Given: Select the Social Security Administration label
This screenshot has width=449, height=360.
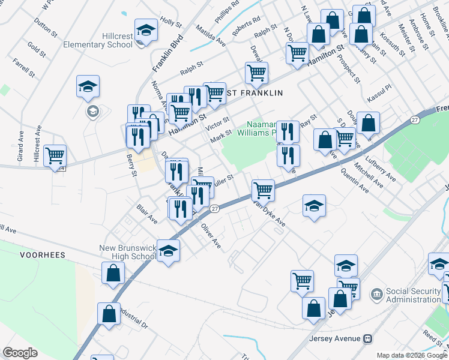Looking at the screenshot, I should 414,295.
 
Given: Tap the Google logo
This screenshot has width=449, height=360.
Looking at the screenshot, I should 20,353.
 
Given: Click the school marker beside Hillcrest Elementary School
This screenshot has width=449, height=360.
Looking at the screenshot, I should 146,31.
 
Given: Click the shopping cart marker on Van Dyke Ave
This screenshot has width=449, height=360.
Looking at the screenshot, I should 263,190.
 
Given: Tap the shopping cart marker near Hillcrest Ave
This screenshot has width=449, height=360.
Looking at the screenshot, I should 55,155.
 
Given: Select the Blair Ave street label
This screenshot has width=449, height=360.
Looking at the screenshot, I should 147,214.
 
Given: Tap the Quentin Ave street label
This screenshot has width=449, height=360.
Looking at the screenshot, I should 354,180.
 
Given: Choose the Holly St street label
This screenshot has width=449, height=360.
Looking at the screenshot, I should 170,22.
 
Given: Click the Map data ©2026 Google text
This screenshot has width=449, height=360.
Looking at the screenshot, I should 412,355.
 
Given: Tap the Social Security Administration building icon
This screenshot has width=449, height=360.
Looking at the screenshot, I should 376,294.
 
